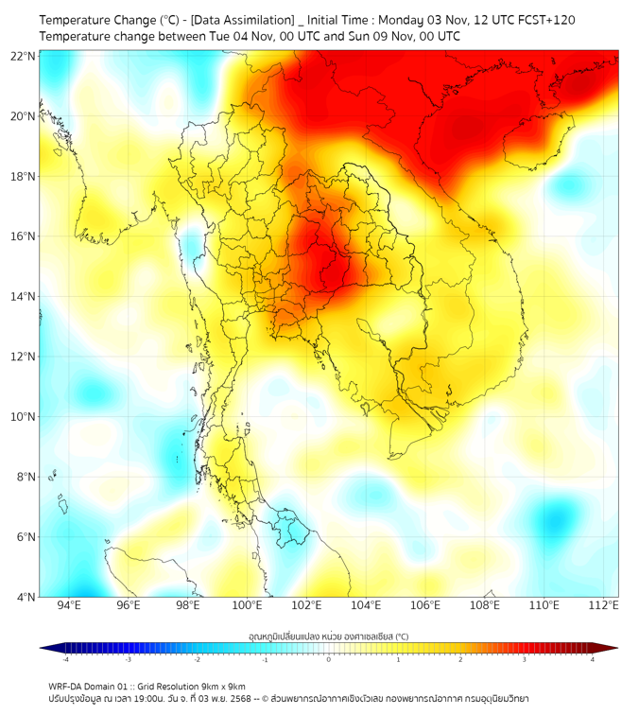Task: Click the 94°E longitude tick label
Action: point(69,606)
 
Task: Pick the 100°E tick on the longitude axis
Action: point(248,606)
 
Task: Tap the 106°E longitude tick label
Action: point(425,606)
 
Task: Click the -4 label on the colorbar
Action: point(65,659)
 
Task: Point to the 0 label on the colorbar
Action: point(329,659)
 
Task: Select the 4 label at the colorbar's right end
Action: point(592,659)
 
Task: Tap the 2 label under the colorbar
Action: point(460,659)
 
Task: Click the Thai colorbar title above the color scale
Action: point(328,637)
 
